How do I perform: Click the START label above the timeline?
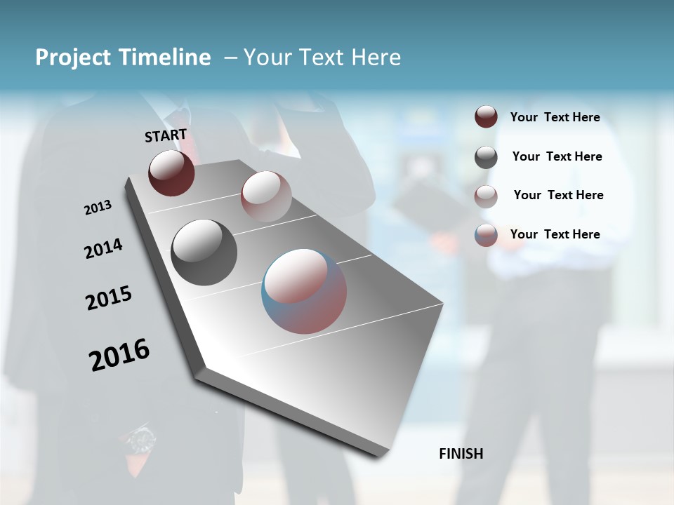[166, 135]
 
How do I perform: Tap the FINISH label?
[461, 454]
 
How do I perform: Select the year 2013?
[98, 208]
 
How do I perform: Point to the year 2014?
[103, 248]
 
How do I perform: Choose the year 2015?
[109, 298]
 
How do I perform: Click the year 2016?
[119, 355]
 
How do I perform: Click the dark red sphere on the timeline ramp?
[171, 173]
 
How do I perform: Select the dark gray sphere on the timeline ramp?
[204, 252]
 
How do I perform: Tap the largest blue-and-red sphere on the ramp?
[304, 290]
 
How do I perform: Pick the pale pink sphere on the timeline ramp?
[266, 196]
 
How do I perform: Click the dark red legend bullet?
[486, 117]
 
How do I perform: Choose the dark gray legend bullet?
[486, 156]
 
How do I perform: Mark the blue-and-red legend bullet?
[486, 235]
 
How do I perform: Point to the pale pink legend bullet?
[486, 196]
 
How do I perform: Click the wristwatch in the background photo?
[142, 440]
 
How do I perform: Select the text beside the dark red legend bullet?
[555, 117]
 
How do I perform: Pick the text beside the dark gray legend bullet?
[557, 156]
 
